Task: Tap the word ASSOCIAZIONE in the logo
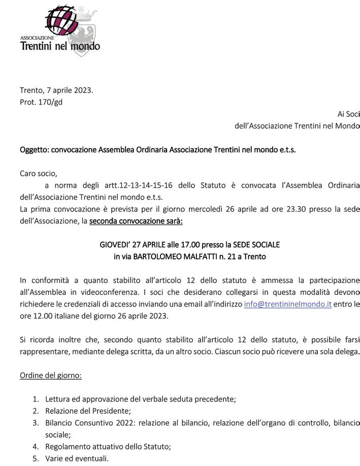tap(37, 38)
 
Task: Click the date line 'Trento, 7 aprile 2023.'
tap(56, 90)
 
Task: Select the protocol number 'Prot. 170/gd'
tap(41, 102)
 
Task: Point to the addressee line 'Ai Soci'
tap(348, 114)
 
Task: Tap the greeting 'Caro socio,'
tap(39, 174)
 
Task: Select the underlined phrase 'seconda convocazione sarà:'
tap(136, 221)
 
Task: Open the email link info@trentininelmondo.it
tap(288, 304)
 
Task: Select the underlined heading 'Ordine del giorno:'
tap(51, 375)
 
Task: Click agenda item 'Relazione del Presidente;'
tap(88, 411)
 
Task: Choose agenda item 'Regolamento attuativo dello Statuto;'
tap(108, 447)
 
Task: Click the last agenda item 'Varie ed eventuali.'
tap(77, 458)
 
